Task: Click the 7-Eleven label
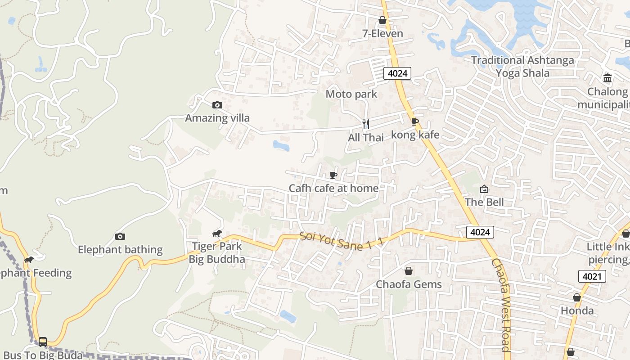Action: [382, 34]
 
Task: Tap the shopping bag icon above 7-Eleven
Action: [382, 20]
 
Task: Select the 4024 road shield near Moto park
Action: [397, 73]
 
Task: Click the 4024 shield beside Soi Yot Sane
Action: [480, 232]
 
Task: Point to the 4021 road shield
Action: [592, 276]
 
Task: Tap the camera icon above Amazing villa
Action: [217, 105]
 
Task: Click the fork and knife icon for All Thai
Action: [366, 124]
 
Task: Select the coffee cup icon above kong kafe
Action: [415, 121]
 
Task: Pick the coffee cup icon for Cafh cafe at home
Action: [333, 175]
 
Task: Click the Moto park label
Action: [351, 94]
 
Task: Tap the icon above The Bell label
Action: [484, 189]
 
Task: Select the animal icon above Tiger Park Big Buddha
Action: [217, 233]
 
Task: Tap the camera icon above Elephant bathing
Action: [120, 236]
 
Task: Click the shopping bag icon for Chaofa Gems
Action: [409, 271]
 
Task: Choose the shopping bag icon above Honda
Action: [577, 297]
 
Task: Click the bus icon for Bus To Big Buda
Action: [43, 342]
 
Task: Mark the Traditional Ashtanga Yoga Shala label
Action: [522, 67]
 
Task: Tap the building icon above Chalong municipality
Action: [607, 78]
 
